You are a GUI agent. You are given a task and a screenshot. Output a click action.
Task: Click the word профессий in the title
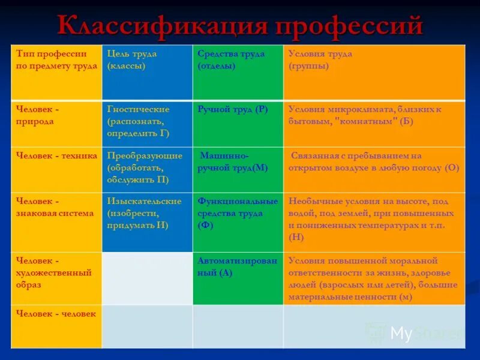(x=348, y=25)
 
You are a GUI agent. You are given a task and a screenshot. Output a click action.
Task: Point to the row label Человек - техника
(x=56, y=155)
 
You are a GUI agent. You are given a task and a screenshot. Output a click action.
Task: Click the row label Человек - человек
(x=56, y=313)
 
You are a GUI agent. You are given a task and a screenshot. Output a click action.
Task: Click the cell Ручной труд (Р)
(x=233, y=109)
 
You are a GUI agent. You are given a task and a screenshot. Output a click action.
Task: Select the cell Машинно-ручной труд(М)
(x=233, y=161)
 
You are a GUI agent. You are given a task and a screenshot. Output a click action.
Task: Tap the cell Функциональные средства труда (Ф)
(x=238, y=213)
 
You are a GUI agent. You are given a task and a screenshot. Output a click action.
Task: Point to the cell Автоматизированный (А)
(x=238, y=266)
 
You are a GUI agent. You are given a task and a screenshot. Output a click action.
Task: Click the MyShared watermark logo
(x=414, y=333)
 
